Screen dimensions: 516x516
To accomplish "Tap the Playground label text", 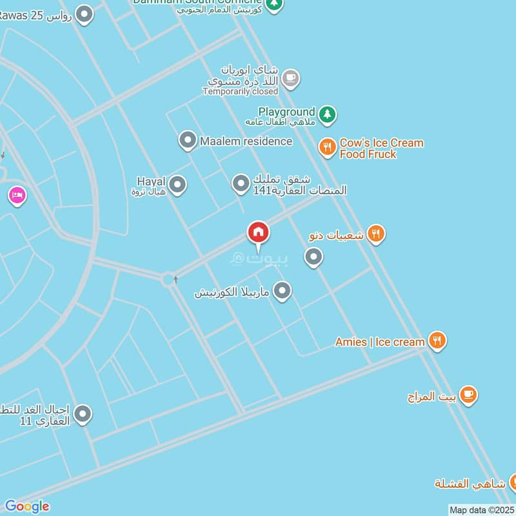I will (286, 112).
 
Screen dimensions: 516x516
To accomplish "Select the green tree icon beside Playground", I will (328, 115).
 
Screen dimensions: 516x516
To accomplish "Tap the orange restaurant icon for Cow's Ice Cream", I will (328, 148).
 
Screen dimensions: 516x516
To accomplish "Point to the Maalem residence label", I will (246, 141).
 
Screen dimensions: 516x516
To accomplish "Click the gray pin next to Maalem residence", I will (188, 140).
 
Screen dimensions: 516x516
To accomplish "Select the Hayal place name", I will (151, 181).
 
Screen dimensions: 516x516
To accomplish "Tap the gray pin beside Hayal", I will (177, 185).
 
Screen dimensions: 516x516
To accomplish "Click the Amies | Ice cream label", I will (380, 342).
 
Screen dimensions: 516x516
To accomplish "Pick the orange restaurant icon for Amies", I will (438, 341).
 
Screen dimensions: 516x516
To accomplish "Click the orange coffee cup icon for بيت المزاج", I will (468, 395).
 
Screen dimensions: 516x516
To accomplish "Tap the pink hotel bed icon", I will (17, 195).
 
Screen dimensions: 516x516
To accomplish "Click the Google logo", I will (26, 506).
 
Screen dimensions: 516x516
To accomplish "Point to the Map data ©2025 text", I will (481, 510).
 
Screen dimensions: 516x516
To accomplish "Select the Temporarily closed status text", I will (240, 92).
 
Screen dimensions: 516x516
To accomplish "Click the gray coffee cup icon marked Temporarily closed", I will (291, 79).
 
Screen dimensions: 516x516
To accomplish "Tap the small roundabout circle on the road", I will (169, 279).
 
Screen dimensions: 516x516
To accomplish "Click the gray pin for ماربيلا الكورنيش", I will (282, 291).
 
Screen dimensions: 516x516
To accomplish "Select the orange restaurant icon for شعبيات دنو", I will (376, 234).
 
